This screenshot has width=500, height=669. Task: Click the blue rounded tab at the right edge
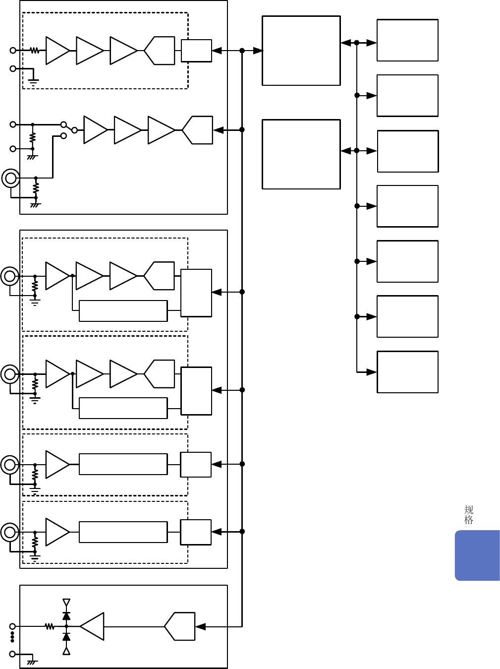coord(477,555)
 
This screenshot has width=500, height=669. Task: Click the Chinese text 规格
coord(468,515)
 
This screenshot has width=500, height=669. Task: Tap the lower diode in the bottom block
coord(66,637)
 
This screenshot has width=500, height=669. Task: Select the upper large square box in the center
coord(301,51)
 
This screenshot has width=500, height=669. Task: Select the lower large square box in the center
coord(301,154)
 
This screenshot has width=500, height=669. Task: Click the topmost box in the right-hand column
coord(407,40)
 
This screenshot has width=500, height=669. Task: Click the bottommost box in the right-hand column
coord(407,372)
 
